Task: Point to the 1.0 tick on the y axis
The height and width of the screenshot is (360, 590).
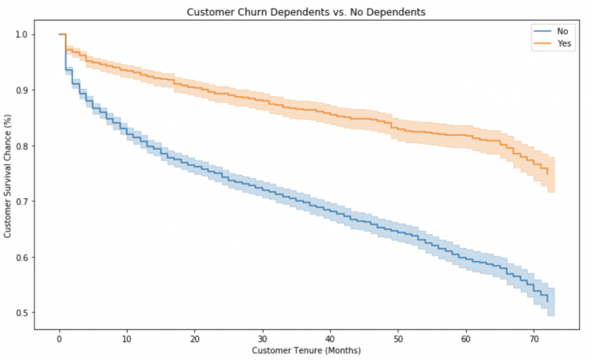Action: click(22, 35)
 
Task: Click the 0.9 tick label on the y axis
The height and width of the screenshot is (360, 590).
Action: click(22, 91)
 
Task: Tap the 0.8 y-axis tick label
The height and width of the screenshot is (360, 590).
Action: click(22, 146)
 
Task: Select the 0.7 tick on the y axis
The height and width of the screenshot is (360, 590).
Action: click(22, 202)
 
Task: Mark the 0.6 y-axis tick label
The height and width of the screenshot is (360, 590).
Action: click(22, 257)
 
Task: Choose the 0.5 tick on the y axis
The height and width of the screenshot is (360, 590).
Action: click(22, 313)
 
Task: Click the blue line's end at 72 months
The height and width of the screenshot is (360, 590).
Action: click(548, 302)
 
